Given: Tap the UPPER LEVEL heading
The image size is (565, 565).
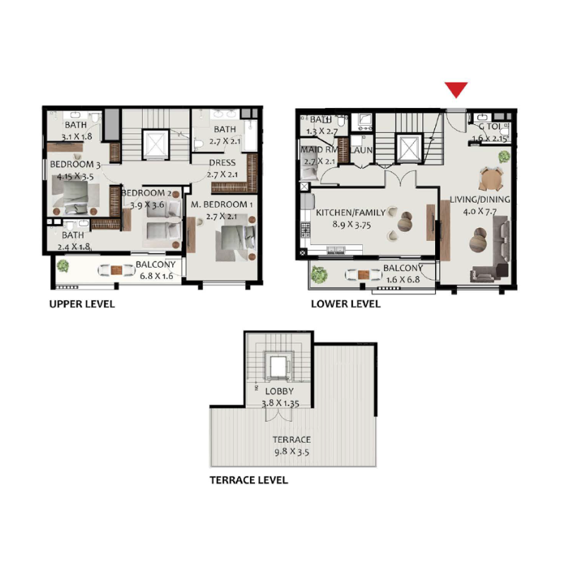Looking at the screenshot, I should click(81, 304).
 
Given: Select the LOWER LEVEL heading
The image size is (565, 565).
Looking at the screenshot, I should click(345, 304).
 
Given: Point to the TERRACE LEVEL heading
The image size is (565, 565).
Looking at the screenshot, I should click(249, 480).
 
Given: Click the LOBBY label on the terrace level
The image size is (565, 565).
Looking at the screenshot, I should click(279, 391).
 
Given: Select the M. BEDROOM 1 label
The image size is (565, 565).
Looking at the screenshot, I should click(220, 205).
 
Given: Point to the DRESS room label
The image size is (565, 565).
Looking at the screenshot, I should click(221, 163).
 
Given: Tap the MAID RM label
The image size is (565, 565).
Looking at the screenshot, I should click(318, 150).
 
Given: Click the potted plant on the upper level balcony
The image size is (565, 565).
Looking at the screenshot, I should click(63, 266).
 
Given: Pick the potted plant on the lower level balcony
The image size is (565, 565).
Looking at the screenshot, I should click(319, 273).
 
